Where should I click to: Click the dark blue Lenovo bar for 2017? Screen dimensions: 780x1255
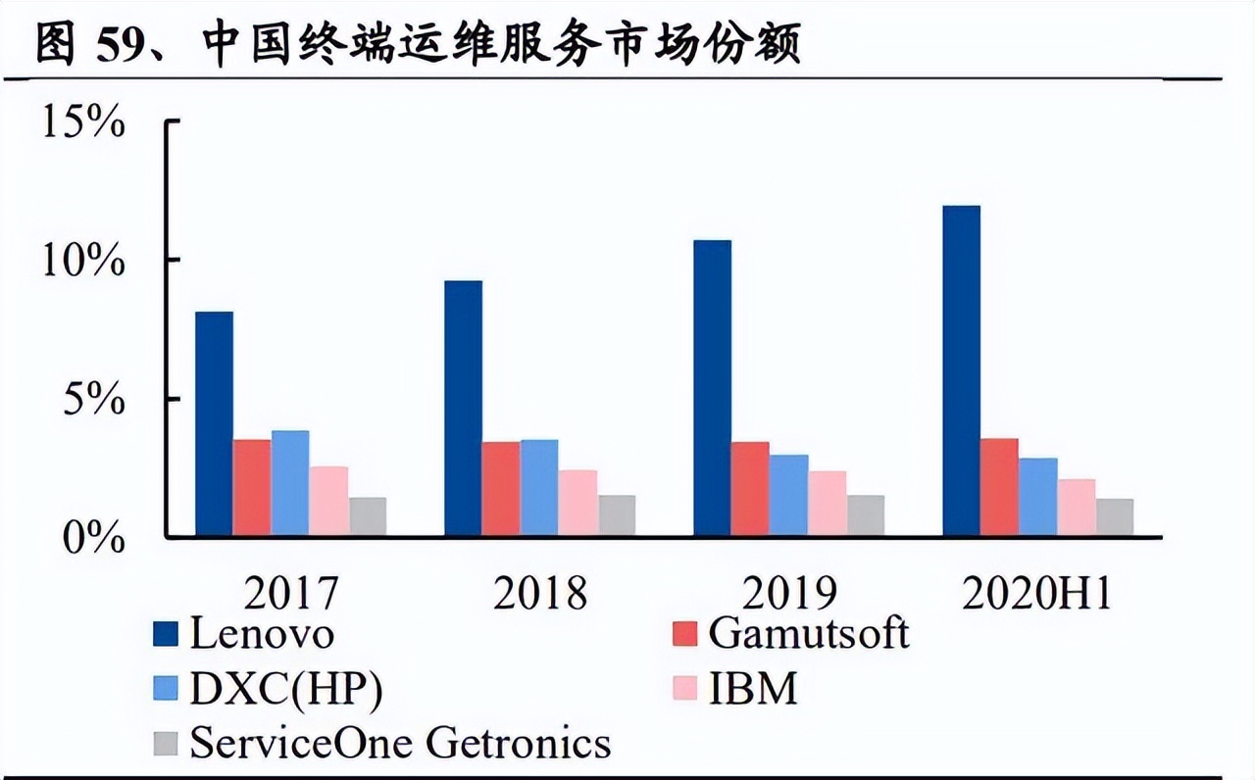(214, 423)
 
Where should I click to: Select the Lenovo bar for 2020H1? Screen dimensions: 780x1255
(961, 370)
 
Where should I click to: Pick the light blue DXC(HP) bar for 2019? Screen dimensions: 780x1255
(789, 496)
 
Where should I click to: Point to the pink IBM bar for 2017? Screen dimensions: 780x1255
(328, 501)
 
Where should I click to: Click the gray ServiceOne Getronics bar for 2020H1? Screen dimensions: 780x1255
(1115, 517)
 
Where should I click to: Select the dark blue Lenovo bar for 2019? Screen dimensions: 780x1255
(712, 388)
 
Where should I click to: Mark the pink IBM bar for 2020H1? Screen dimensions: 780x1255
(1077, 508)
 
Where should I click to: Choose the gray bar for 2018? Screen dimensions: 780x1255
(617, 515)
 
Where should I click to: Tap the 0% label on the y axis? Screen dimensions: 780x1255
(94, 537)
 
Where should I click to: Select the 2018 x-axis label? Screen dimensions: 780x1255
(540, 593)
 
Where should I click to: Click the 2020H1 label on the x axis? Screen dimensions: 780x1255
(1037, 593)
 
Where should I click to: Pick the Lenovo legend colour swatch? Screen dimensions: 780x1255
(167, 635)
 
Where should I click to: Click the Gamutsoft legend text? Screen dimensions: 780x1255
(808, 634)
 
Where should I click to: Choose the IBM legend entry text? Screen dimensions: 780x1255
(753, 690)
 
